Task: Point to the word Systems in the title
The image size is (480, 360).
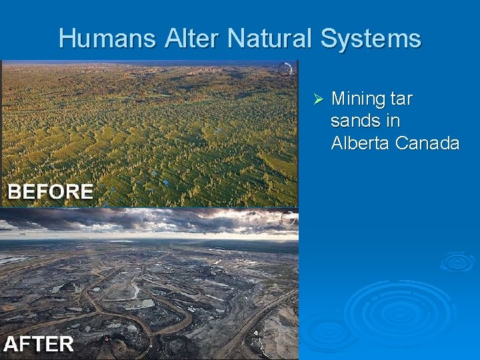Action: point(371,38)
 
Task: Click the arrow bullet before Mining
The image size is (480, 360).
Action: point(318,99)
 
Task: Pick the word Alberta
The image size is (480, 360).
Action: point(361,143)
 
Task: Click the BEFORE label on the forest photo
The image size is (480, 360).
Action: point(50,192)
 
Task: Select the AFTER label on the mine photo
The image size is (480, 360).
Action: point(39,344)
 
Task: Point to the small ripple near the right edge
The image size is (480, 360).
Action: point(457,261)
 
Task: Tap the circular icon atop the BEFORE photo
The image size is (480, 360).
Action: point(285,69)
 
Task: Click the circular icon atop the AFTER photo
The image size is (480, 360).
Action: point(289,218)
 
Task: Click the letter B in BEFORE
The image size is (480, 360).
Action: point(14,192)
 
